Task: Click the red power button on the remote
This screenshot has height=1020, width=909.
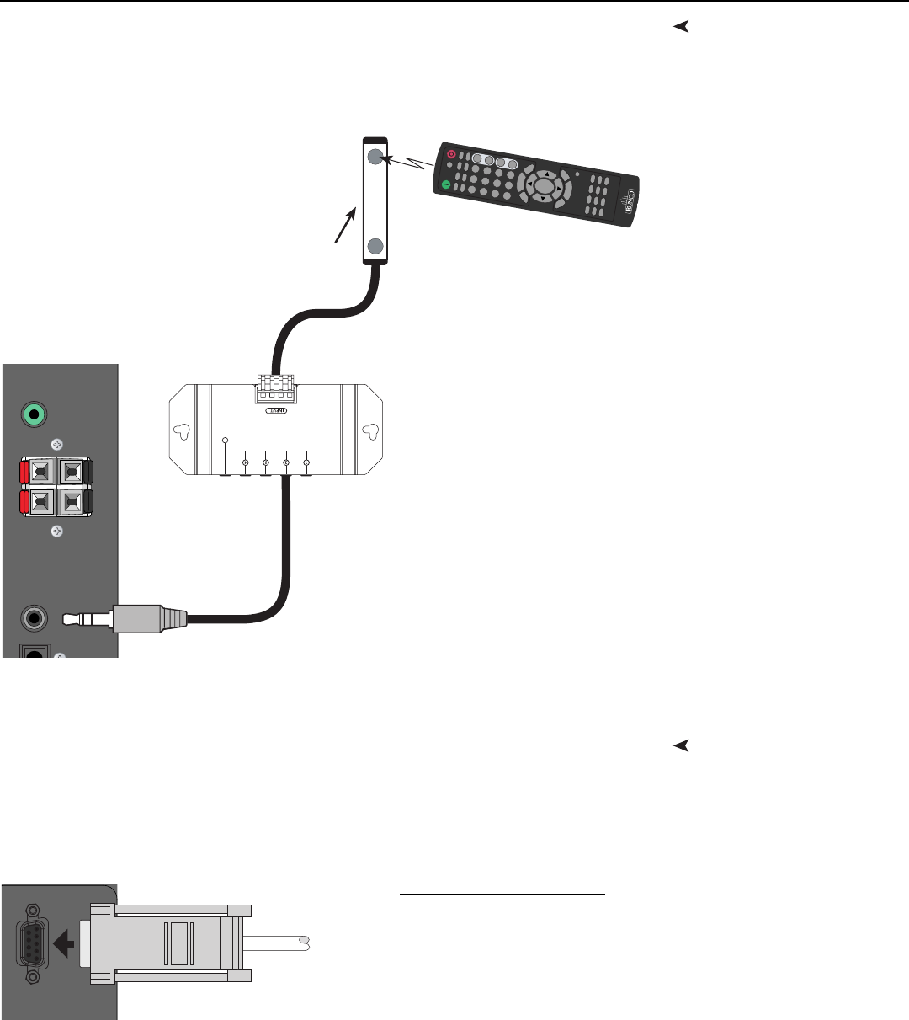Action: tap(452, 155)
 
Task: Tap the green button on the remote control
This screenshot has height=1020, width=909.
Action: tap(446, 184)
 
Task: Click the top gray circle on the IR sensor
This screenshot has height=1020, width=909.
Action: tap(375, 157)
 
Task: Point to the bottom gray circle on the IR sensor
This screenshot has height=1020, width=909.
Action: tap(375, 246)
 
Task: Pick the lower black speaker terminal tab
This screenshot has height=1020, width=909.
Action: tap(88, 503)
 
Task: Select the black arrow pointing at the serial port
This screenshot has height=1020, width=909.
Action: tap(64, 943)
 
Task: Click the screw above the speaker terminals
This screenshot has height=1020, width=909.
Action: tap(57, 443)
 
